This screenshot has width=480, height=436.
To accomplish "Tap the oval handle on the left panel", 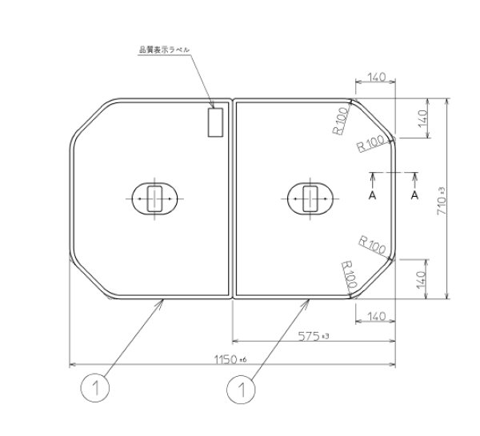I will tap(157, 197).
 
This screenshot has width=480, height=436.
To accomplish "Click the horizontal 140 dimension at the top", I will tap(374, 78).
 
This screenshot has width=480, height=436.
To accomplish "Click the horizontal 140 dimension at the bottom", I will tap(374, 317).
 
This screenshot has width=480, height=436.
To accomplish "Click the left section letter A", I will tap(372, 194).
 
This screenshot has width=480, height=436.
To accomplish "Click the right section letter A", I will tap(414, 194).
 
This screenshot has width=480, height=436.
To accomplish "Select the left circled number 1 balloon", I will tap(95, 390).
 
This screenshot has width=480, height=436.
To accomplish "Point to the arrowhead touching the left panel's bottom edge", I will tap(163, 301).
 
